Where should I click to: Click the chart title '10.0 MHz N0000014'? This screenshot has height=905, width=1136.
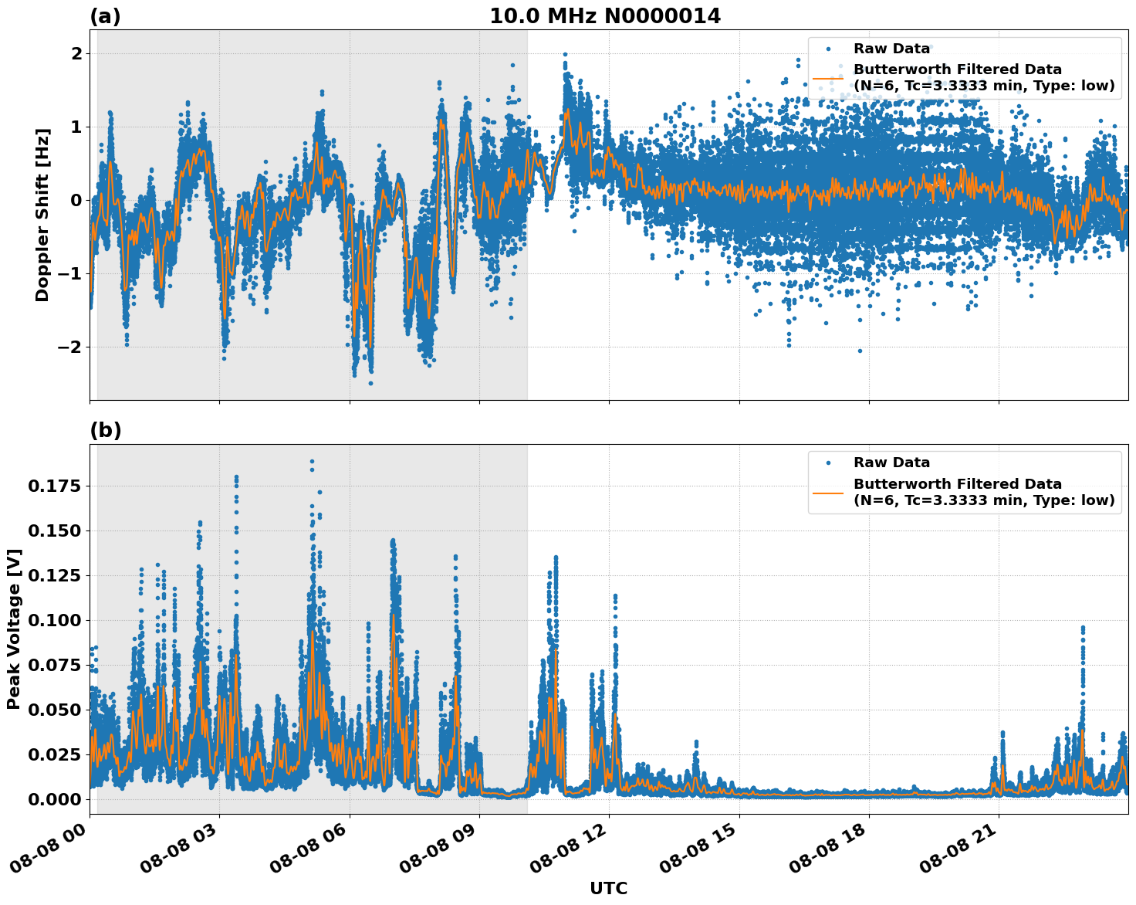(x=605, y=16)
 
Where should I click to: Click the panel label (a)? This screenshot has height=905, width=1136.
(x=105, y=16)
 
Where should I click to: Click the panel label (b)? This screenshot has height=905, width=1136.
(x=105, y=430)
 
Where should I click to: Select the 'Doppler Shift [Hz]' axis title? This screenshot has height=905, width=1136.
(x=42, y=215)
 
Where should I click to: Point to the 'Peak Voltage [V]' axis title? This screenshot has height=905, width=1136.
(x=14, y=629)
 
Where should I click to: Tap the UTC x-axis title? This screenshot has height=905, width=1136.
(x=608, y=888)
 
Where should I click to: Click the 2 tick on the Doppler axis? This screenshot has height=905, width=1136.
(x=77, y=53)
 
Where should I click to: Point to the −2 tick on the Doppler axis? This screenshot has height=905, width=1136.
(x=71, y=347)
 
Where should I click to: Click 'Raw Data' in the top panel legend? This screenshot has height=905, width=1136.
(x=891, y=49)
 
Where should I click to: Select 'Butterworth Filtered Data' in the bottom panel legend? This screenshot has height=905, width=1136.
(x=957, y=484)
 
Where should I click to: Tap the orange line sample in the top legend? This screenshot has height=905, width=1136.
(x=828, y=78)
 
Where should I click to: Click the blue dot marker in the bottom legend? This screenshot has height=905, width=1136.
(x=828, y=463)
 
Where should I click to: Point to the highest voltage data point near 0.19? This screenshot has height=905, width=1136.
(x=312, y=461)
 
